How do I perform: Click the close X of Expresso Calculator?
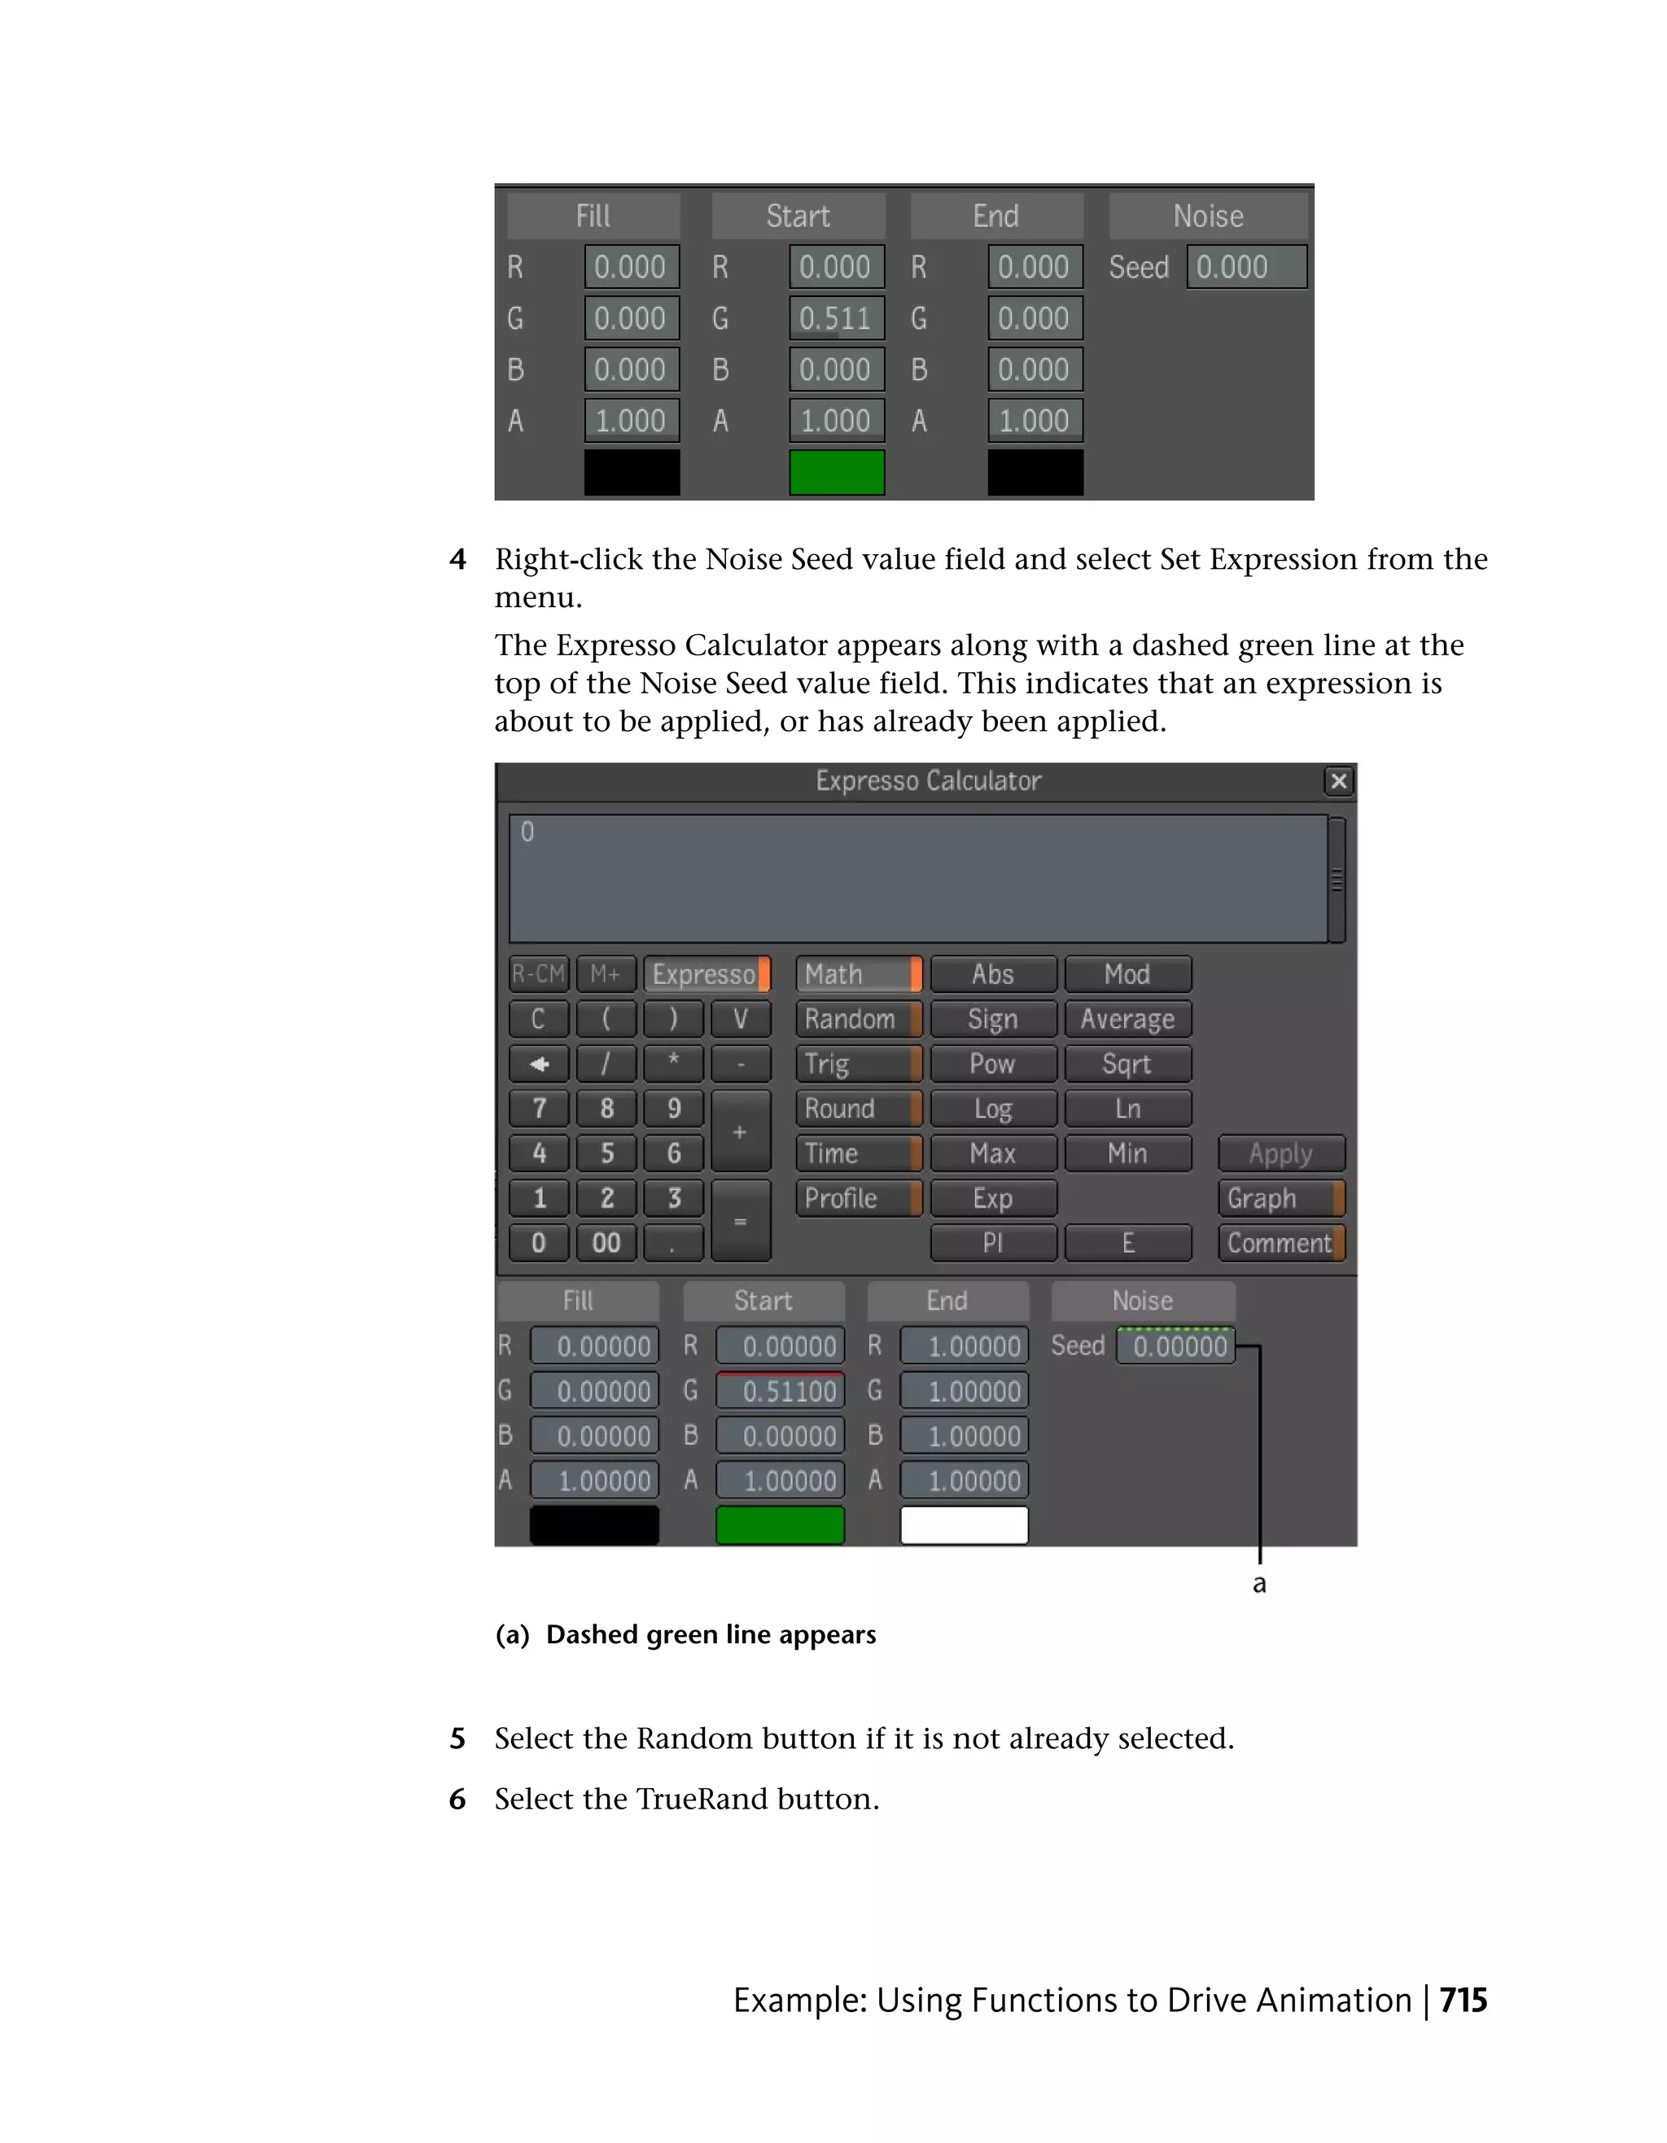(1338, 781)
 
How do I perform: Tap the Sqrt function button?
(1127, 1064)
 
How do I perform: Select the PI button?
(992, 1243)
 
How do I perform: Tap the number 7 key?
(539, 1109)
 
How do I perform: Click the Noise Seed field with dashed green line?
(1176, 1346)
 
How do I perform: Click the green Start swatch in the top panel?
(836, 473)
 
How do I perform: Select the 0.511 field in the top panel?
(836, 319)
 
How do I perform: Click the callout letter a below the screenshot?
(1259, 1585)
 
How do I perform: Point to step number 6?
(457, 1799)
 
